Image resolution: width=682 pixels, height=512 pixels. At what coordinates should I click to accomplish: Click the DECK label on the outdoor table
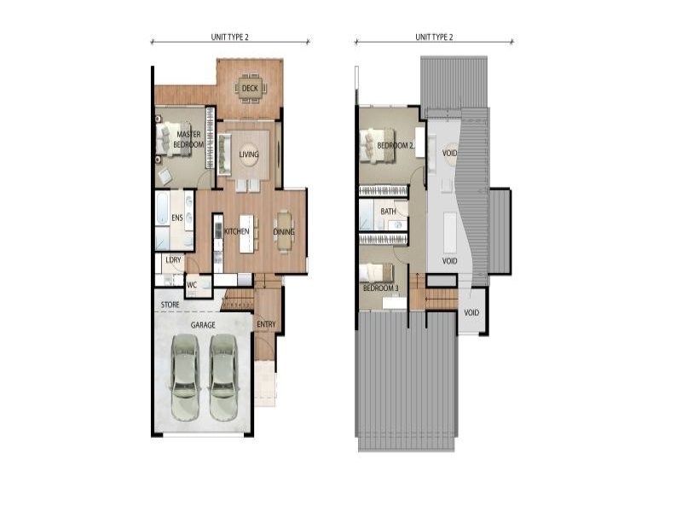250,89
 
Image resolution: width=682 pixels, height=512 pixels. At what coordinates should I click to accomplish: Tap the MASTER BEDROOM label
188,139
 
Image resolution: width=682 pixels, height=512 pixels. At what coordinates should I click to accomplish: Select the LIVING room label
249,154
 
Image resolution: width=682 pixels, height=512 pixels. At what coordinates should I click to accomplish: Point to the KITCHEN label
237,231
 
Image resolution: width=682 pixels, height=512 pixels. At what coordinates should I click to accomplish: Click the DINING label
284,231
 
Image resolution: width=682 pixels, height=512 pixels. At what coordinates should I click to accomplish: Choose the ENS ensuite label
177,218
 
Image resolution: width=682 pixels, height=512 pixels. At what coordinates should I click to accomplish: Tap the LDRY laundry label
173,260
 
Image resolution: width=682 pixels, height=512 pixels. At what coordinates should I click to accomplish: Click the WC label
192,285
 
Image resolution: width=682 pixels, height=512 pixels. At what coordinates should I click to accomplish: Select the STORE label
170,305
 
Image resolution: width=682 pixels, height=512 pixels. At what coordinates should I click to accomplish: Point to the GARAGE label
203,325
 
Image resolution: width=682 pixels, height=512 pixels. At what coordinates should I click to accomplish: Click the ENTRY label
266,324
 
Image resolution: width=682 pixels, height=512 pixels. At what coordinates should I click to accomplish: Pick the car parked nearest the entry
223,376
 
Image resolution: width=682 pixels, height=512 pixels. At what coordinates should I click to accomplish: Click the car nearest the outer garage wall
185,376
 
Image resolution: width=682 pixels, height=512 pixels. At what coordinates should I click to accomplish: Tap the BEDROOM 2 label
395,145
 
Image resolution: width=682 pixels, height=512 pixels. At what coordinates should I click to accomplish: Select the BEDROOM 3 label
380,288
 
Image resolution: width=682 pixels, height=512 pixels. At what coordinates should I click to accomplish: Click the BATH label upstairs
388,212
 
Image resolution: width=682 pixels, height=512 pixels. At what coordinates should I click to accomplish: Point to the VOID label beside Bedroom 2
449,154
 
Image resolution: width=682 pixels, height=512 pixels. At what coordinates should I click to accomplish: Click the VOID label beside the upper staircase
471,312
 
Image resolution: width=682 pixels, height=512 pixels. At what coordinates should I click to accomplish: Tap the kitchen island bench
246,233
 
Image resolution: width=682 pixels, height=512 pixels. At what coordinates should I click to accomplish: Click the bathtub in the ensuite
163,208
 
